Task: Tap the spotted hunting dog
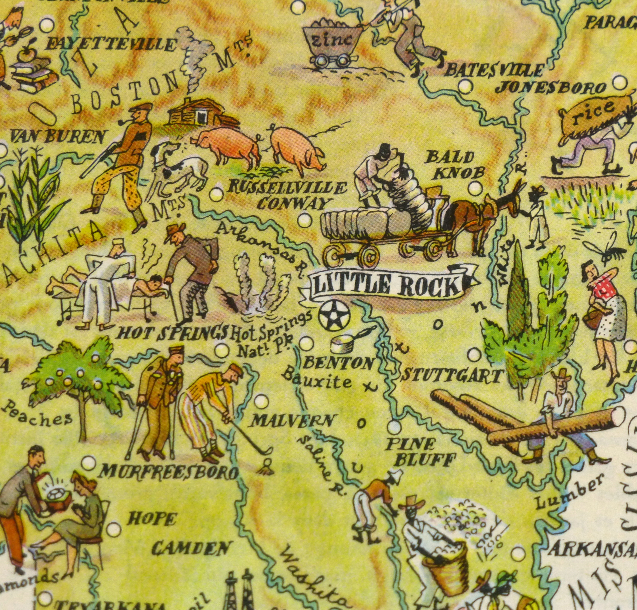click(179, 167)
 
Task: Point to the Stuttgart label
click(452, 376)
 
